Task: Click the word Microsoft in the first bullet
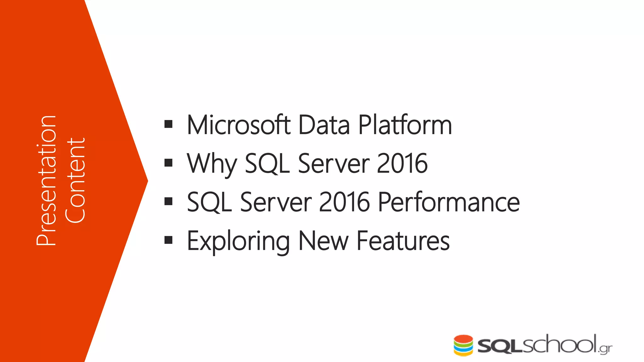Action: [238, 125]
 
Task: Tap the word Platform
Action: [405, 125]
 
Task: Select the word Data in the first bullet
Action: [324, 125]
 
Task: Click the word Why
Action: [211, 163]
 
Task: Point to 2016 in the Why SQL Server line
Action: [402, 163]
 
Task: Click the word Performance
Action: [449, 202]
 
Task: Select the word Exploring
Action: [238, 241]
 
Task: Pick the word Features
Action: [403, 241]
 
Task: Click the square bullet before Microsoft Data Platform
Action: [169, 124]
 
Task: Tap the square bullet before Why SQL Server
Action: [169, 163]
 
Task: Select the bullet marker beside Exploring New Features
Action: [169, 240]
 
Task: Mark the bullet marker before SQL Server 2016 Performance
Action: [169, 201]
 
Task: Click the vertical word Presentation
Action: [47, 180]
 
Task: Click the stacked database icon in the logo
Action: [463, 345]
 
